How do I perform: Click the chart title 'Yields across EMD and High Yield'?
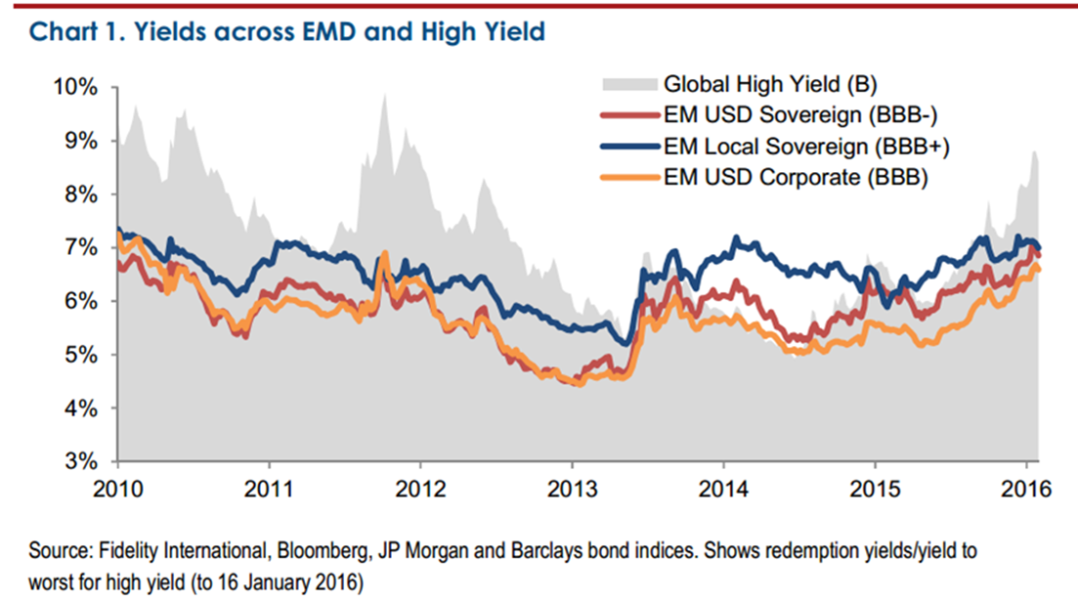coord(287,32)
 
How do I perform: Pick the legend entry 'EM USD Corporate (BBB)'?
coord(796,178)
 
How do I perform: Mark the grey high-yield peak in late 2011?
coord(385,96)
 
